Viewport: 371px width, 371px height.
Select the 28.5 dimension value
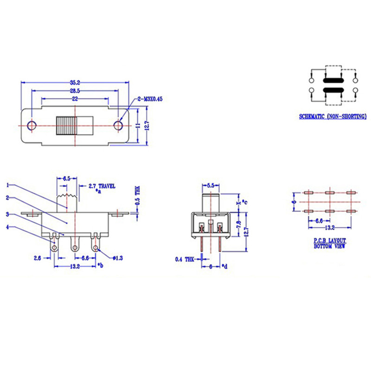tap(75, 91)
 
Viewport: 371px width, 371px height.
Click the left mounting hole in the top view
tap(32, 126)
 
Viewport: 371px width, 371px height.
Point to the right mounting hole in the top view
tap(118, 125)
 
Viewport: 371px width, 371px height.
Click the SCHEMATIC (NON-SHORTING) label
tap(333, 116)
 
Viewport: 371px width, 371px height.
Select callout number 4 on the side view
tap(7, 227)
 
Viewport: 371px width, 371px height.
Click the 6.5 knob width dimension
tap(66, 178)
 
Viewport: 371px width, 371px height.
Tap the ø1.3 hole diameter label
tap(117, 257)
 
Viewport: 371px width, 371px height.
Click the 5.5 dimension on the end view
tap(211, 185)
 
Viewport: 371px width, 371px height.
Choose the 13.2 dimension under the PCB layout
tap(329, 228)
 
